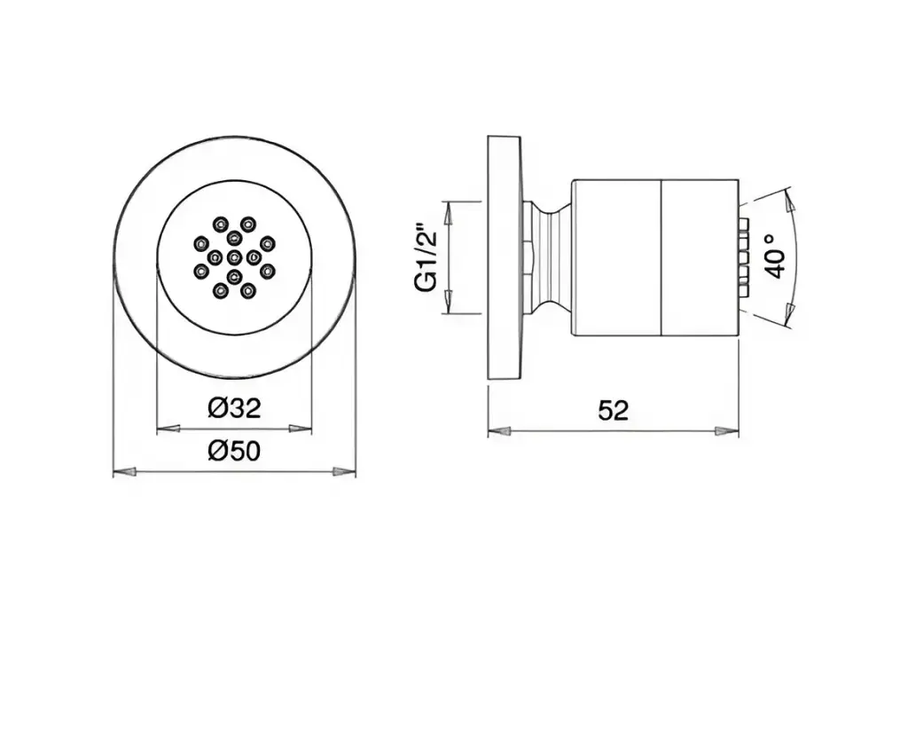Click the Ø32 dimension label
(234, 408)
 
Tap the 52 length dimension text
(614, 410)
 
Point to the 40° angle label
(776, 256)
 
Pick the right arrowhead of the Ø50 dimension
(344, 472)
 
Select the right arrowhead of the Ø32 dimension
(301, 429)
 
